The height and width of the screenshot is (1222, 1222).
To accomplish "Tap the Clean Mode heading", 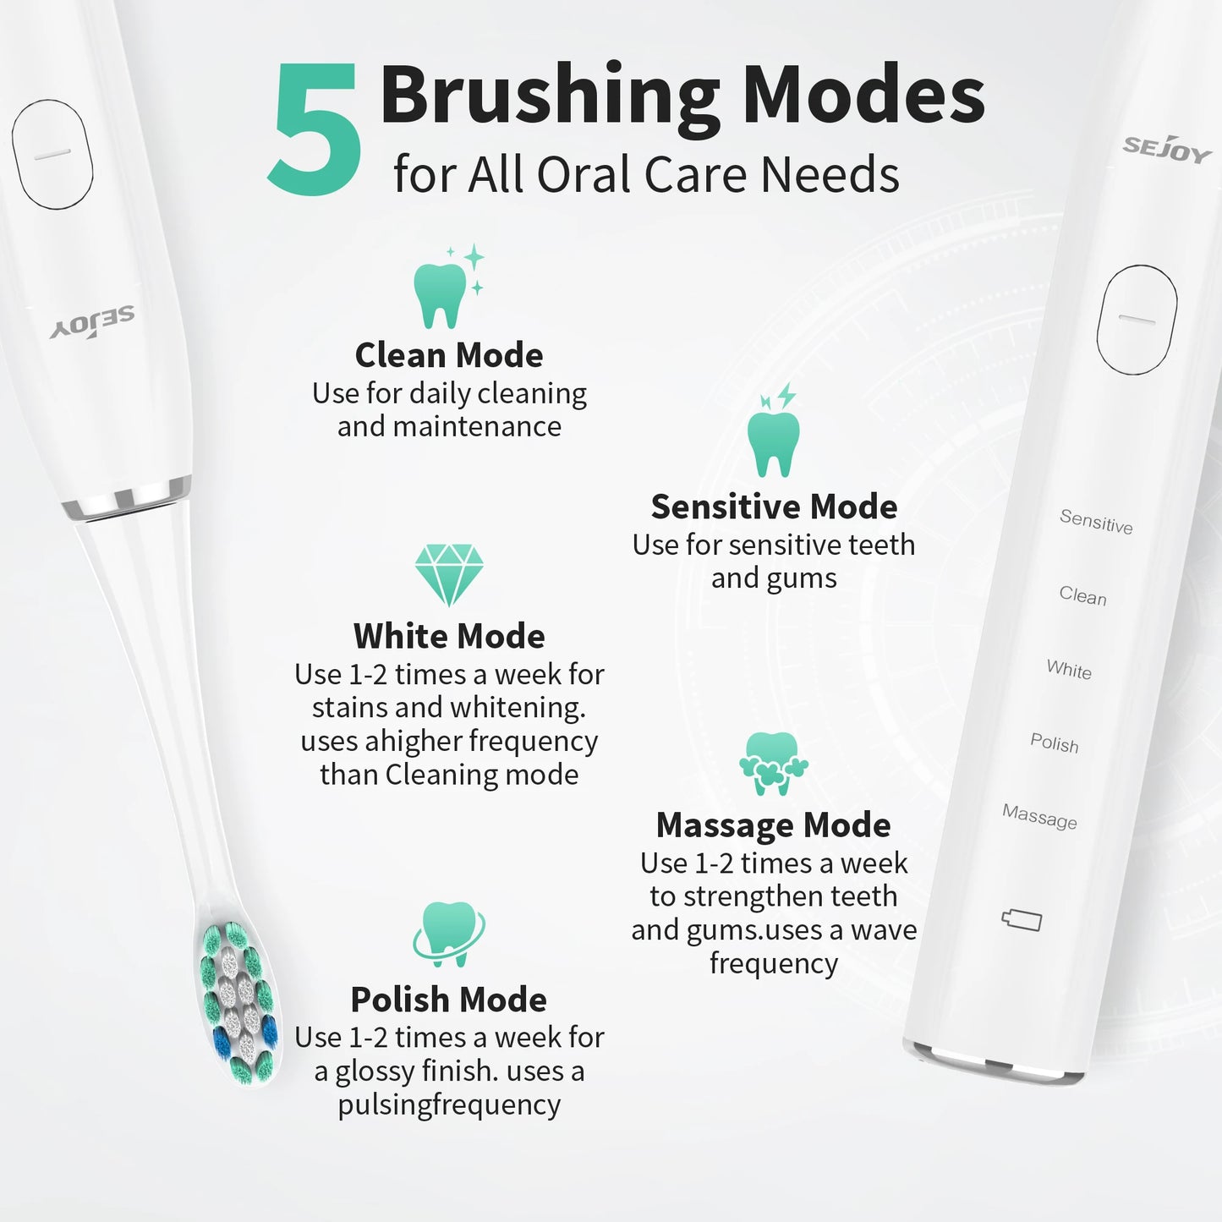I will [449, 355].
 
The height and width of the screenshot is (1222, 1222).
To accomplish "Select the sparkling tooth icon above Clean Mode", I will [446, 288].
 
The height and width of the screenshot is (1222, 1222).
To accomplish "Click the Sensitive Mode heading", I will [774, 507].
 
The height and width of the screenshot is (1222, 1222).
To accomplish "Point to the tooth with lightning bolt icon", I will [774, 434].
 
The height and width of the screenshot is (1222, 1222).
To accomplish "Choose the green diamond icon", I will [449, 573].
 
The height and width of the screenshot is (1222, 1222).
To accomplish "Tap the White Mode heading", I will [449, 636].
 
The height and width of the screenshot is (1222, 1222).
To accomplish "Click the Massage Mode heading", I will [774, 825].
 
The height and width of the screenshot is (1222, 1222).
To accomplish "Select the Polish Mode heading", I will [449, 1000].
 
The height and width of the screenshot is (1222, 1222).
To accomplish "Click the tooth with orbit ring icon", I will [449, 934].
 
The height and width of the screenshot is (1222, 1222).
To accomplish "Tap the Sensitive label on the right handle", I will [1096, 521].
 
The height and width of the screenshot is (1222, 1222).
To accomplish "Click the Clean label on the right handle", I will [1082, 596].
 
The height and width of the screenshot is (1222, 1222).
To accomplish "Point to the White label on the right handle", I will [1069, 670].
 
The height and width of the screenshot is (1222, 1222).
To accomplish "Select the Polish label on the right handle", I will [1055, 743].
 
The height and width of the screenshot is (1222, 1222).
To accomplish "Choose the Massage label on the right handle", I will [1039, 817].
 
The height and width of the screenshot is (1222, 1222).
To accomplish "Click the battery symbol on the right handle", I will [1022, 920].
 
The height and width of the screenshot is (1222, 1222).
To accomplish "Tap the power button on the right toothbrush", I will [1137, 320].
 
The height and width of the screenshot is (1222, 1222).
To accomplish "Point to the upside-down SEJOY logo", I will [92, 323].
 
